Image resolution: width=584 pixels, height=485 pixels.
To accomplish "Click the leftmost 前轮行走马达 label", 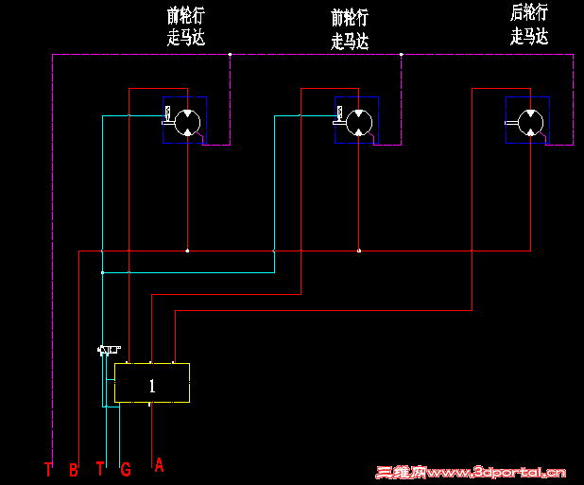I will point(186,27).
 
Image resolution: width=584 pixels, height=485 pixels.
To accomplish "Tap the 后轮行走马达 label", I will point(529,26).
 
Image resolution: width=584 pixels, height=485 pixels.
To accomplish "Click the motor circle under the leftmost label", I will point(187,121).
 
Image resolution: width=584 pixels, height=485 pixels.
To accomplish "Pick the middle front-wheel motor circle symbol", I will point(358,121).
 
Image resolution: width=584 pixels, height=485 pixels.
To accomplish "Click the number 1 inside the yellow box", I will point(152,385).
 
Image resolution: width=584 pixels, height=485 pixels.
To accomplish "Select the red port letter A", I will point(159,464).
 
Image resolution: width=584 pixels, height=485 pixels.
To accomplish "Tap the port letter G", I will point(126,469).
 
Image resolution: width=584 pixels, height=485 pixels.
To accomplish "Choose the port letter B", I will point(74,469).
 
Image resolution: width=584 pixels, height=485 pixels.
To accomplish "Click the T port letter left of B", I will point(48,469).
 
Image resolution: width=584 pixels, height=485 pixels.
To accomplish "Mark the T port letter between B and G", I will point(100,469).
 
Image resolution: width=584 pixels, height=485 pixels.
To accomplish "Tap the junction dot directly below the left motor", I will point(187,251).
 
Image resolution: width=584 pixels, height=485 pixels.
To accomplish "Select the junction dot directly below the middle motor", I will point(359,251).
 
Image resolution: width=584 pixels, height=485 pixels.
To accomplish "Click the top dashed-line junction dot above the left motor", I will point(230,55).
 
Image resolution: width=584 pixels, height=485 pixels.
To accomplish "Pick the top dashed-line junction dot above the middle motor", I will point(402,55).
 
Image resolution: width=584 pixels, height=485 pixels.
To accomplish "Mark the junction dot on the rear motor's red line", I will point(472,251).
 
